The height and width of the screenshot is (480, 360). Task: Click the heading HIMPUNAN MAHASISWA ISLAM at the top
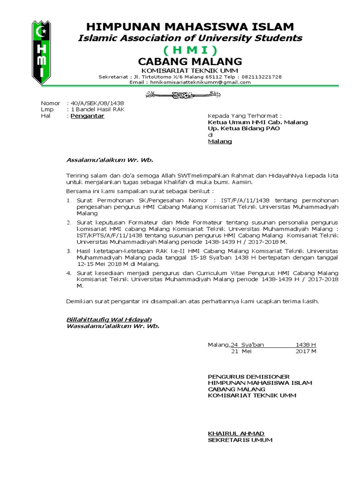tap(190, 27)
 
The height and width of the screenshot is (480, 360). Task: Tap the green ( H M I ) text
tap(190, 50)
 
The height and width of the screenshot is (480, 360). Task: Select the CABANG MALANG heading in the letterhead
tap(190, 61)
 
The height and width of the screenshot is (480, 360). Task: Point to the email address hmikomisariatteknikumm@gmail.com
tap(199, 82)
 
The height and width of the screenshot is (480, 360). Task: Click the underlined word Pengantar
tap(87, 116)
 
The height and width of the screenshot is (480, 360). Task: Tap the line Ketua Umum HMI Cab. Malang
tap(258, 122)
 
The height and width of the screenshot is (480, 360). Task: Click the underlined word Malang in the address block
tap(220, 141)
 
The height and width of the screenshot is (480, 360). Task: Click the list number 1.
tap(69, 200)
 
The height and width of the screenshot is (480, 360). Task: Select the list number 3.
tap(69, 252)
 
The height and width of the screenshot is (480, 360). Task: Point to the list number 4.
tap(69, 273)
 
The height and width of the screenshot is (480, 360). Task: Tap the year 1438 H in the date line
tap(306, 345)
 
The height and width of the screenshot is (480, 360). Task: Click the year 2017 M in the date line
tap(306, 352)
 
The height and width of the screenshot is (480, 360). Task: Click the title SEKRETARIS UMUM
tap(240, 440)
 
